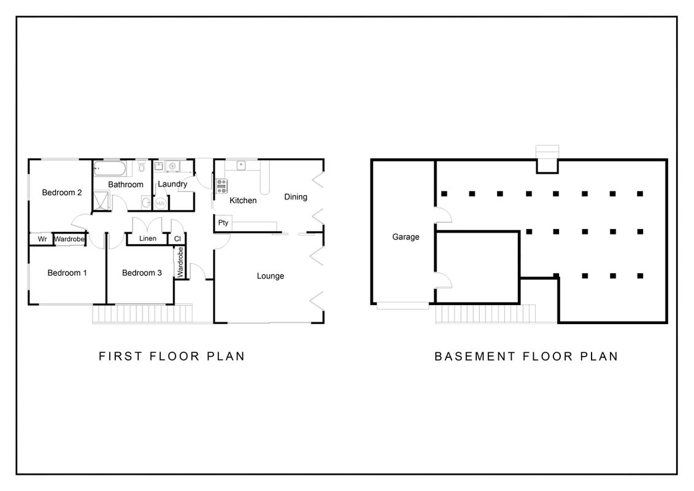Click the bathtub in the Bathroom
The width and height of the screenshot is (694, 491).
(110, 169)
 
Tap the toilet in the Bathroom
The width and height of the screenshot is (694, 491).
(142, 166)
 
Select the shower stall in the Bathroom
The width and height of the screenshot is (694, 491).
(101, 200)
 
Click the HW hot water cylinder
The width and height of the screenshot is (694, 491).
(161, 204)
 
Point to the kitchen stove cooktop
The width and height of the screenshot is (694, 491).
(222, 186)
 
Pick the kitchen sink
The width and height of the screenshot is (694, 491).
(241, 165)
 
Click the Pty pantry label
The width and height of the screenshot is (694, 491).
(223, 223)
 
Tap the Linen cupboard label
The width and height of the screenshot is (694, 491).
(148, 238)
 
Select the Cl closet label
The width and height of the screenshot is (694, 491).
(177, 239)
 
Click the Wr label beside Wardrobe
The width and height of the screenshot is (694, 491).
(42, 239)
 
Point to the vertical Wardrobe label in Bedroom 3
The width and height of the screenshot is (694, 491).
(180, 263)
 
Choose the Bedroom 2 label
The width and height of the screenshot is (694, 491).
(62, 193)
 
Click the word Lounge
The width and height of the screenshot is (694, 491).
(271, 276)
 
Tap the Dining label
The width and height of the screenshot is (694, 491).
(296, 197)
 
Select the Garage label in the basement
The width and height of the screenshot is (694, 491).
(406, 237)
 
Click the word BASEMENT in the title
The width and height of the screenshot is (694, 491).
(475, 357)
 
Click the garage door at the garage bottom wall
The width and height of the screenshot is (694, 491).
(403, 306)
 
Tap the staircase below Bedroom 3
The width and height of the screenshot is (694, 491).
(142, 314)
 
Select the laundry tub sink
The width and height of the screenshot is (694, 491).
(159, 166)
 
